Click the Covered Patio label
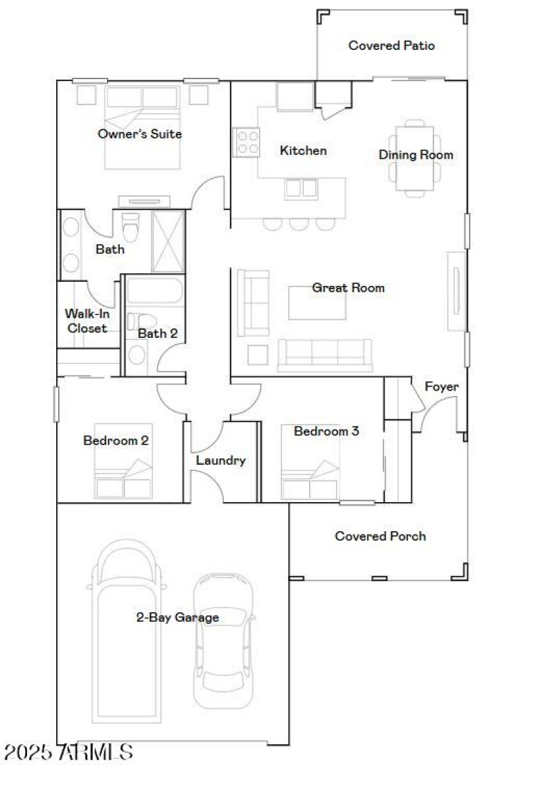coord(392,46)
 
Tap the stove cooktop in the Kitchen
coord(247,143)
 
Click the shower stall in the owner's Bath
coord(168,241)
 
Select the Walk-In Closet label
coord(86,320)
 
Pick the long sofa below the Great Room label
coord(325,354)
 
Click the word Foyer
coord(442,387)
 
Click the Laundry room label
coord(220,461)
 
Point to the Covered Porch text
coord(381,536)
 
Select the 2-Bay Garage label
coord(177,617)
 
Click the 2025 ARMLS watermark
coord(68,752)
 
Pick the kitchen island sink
coord(301,188)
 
